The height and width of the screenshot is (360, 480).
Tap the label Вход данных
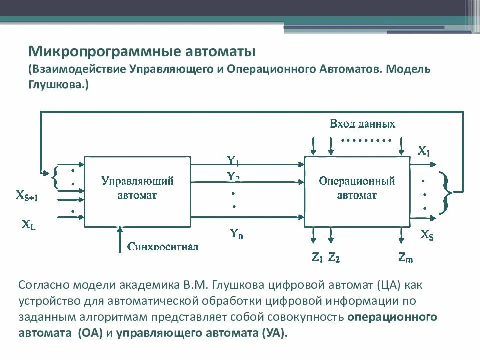(363, 124)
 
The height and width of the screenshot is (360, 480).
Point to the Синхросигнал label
(163, 247)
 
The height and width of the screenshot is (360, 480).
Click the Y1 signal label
(233, 161)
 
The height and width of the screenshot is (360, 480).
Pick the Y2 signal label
(233, 176)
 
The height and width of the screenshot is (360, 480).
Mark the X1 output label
(424, 151)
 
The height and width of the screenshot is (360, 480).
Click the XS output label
(427, 234)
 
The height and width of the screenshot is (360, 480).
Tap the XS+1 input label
(27, 196)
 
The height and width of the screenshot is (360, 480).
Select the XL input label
(28, 225)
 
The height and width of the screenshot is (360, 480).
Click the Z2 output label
(334, 257)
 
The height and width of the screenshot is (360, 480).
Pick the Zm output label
(406, 257)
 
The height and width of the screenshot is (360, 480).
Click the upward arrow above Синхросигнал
(119, 239)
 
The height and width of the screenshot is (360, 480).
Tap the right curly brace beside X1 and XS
(446, 192)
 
